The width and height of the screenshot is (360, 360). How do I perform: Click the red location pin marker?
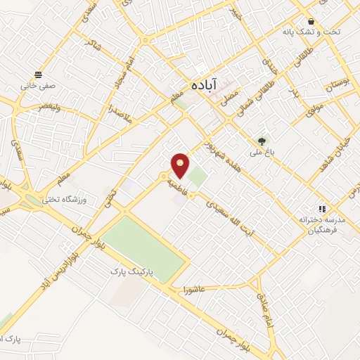[x=181, y=165]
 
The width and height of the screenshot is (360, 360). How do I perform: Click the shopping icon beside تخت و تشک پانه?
[x=310, y=21]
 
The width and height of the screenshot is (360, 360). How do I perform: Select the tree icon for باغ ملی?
[x=262, y=141]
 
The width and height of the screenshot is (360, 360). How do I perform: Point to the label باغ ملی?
[x=262, y=151]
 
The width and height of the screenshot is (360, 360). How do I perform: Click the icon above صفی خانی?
[x=37, y=74]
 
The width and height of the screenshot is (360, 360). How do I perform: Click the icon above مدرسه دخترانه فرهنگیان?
[x=322, y=209]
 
